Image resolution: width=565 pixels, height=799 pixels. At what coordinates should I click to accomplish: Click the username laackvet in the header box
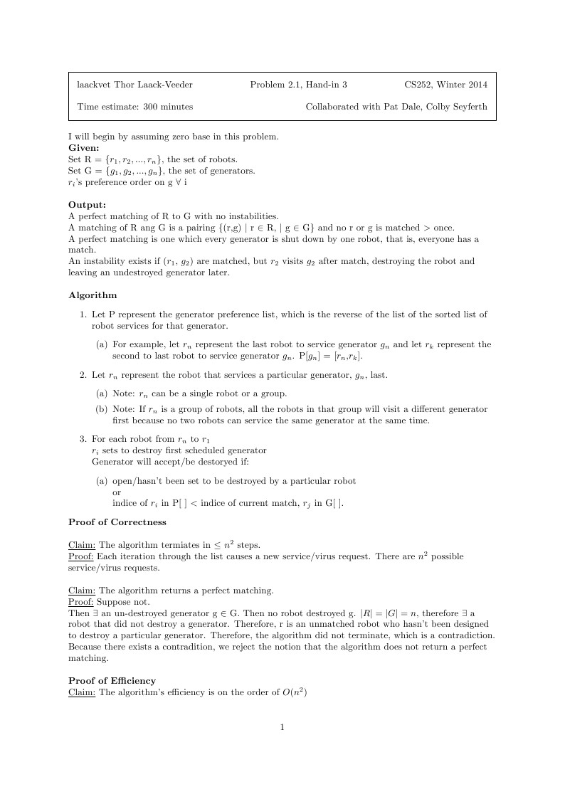[95, 85]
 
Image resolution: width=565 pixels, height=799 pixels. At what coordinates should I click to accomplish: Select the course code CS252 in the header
[421, 85]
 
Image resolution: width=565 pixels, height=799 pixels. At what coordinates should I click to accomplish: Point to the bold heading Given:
[83, 148]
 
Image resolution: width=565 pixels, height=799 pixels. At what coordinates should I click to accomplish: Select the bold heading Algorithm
[93, 295]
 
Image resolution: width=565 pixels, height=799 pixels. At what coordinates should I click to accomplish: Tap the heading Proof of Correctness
[117, 522]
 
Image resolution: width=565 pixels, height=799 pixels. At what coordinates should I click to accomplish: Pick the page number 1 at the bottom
[282, 726]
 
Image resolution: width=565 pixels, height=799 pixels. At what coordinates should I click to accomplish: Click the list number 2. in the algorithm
[83, 374]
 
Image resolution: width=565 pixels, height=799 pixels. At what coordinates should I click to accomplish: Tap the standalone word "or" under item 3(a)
[117, 492]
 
